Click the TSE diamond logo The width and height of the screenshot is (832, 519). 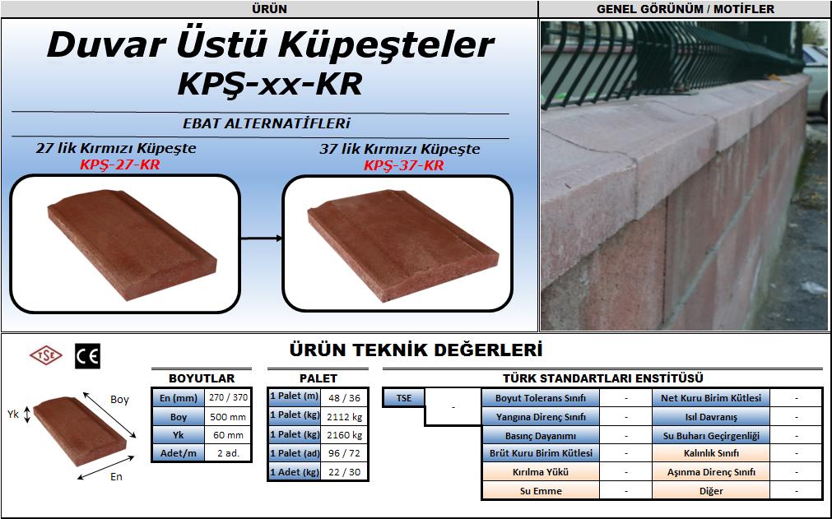coord(45,355)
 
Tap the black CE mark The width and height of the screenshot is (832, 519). coord(87,356)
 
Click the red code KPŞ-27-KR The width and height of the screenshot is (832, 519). coord(120,165)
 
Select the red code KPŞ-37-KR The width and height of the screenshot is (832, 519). coord(404,165)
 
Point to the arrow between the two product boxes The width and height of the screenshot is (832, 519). coord(262,239)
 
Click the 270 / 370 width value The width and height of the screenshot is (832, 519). coord(228,397)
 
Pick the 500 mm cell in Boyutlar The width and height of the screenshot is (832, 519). coord(228,417)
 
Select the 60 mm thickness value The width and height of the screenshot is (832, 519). coord(228,435)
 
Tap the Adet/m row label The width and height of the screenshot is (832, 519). coord(179,453)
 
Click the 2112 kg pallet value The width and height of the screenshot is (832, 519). coord(344,417)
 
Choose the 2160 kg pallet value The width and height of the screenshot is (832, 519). coord(344,435)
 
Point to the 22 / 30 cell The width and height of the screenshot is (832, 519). coord(344,472)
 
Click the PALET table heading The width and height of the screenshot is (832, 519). coord(318,378)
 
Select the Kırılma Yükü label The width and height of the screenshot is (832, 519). coord(541,472)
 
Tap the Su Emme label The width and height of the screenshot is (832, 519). coord(541,491)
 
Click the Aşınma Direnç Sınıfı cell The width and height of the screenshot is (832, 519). coord(711,472)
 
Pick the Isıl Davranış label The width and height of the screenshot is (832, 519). coord(711,417)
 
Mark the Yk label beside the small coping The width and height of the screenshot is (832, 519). coord(13,414)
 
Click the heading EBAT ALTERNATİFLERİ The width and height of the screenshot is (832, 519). coord(267,123)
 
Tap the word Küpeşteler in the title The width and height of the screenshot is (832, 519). coord(386,45)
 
